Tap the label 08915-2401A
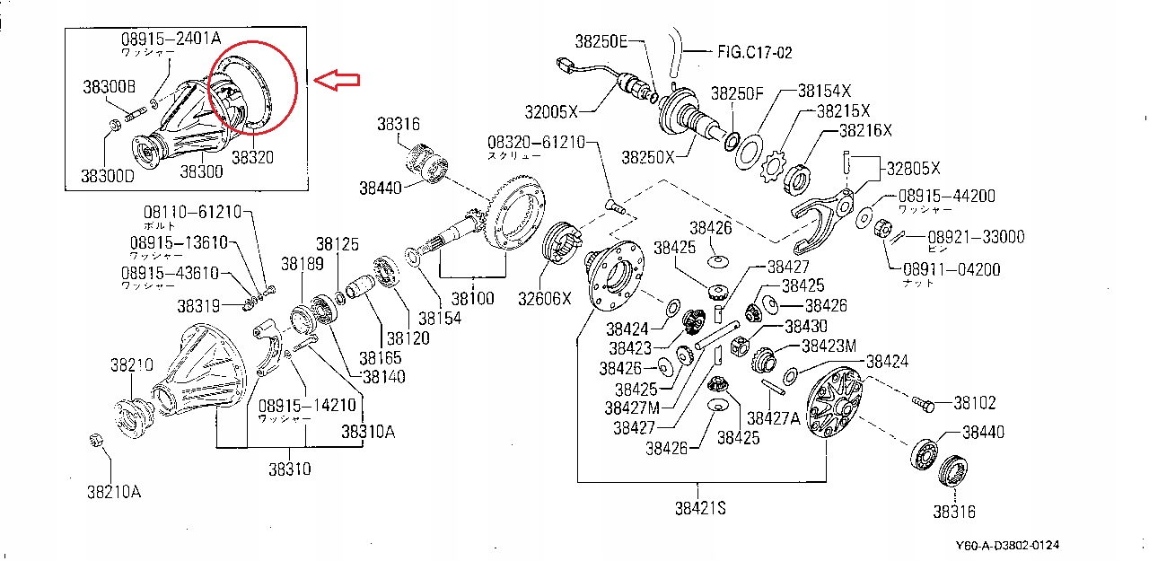171,39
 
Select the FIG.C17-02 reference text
755,52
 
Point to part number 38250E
602,41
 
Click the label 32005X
552,111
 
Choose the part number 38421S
700,508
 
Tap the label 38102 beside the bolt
974,403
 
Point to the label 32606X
542,296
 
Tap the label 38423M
829,346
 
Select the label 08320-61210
536,142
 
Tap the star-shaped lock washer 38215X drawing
774,165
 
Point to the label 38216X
866,130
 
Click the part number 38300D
109,175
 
